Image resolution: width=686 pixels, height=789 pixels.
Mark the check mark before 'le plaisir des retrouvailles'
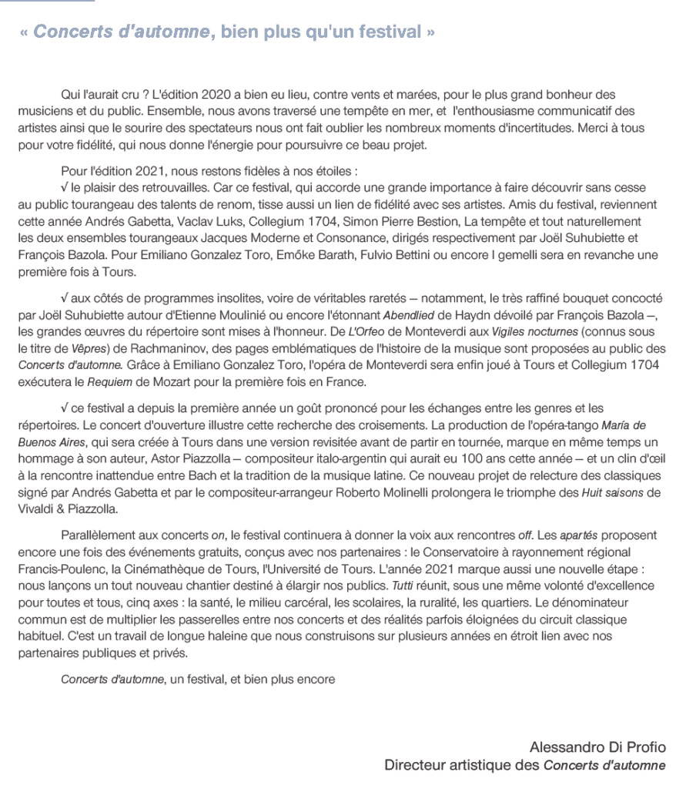(64, 188)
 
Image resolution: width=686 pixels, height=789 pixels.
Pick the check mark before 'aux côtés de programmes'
(64, 297)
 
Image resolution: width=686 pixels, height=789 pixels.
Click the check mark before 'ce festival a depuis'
(64, 408)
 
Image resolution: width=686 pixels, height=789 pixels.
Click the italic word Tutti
(401, 585)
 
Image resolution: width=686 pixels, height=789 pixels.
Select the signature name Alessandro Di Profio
(597, 747)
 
